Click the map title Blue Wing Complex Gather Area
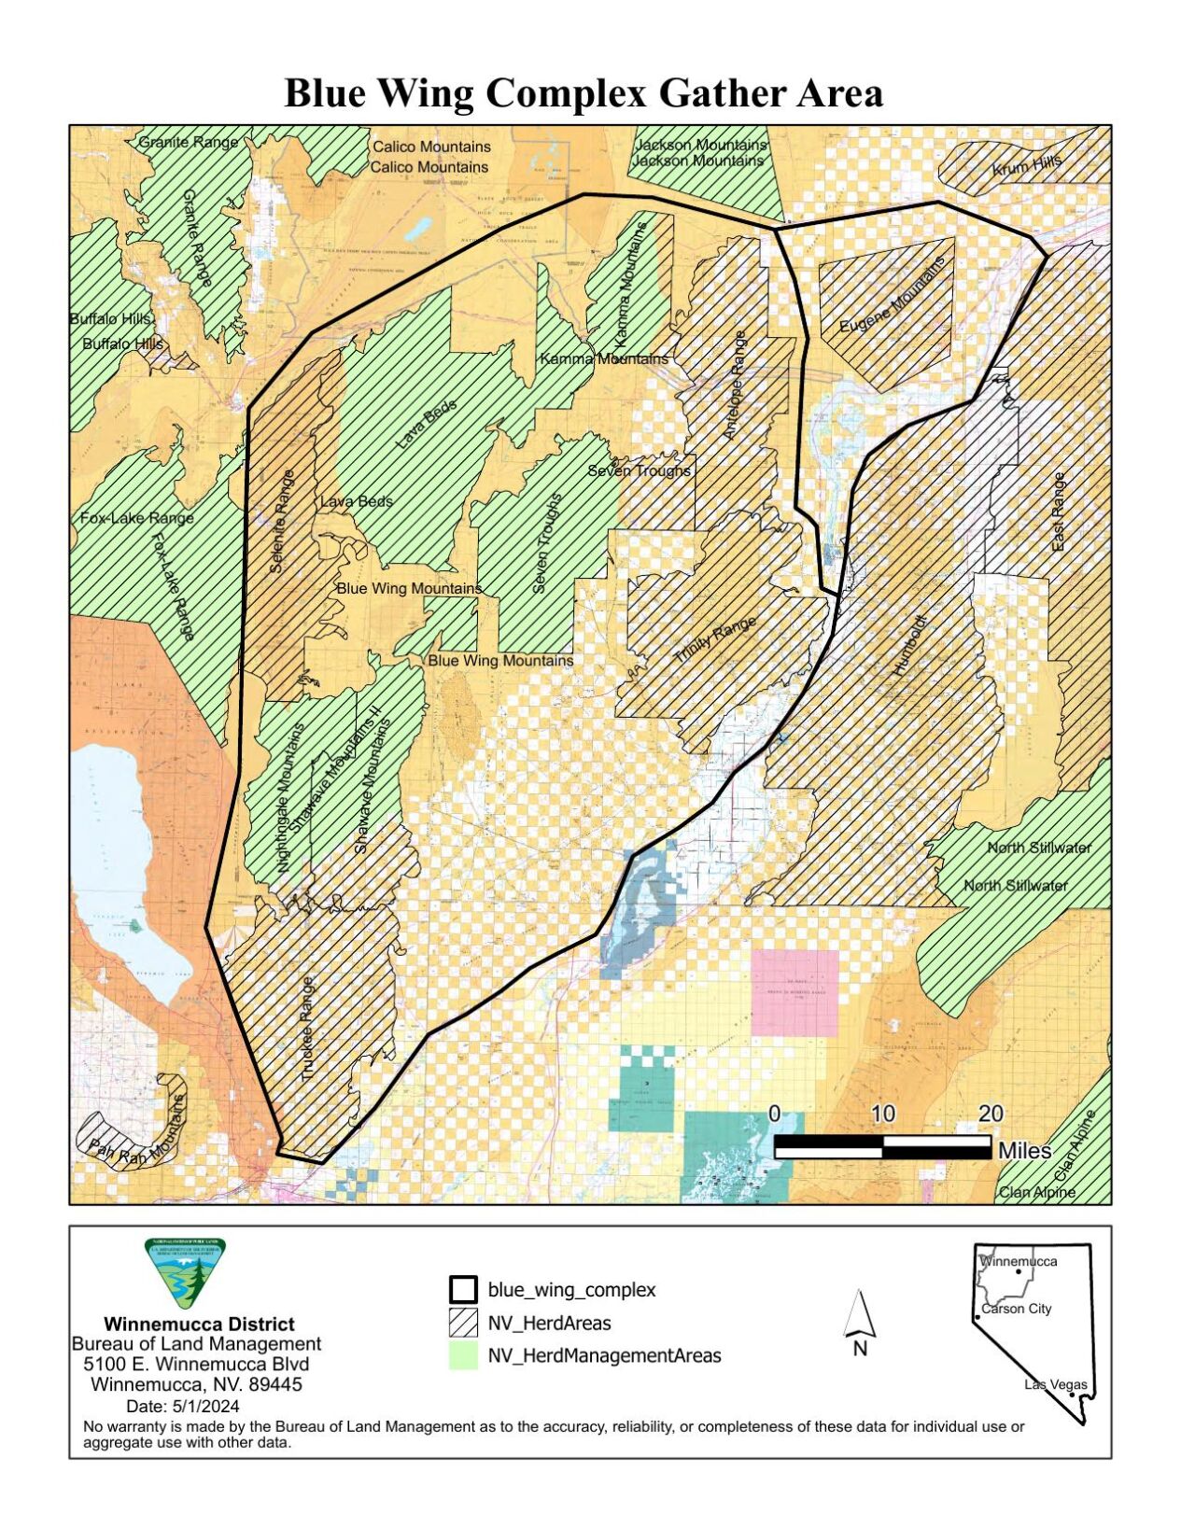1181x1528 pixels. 583,94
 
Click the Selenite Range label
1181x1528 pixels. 281,522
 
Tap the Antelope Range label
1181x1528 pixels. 736,386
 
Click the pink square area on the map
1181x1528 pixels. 794,993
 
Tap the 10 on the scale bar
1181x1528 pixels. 882,1114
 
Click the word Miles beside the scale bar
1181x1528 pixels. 1024,1151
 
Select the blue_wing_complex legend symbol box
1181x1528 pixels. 463,1290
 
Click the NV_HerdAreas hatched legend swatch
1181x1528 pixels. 463,1323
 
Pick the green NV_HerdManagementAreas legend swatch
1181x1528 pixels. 463,1355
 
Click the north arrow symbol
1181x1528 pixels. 859,1316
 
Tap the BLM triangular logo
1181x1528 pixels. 185,1273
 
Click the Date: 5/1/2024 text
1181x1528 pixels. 182,1406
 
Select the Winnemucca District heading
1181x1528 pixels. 199,1324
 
